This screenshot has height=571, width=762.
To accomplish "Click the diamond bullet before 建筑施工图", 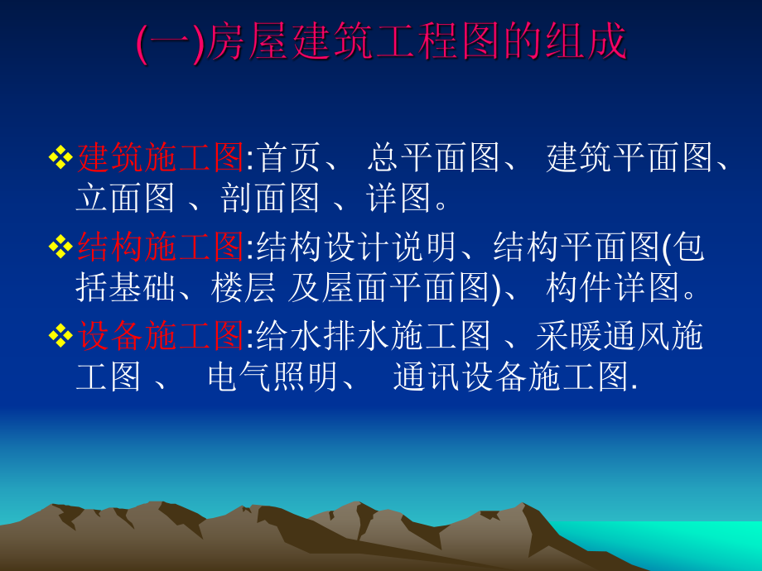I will pos(61,157).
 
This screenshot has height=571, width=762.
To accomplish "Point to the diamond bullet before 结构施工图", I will pos(61,247).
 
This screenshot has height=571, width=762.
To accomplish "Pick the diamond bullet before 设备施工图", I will pos(61,336).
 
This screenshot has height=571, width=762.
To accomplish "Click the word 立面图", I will pos(125,198).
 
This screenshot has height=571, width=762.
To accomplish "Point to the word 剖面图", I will pos(270,198).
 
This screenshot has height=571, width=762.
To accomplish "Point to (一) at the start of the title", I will pos(169,44).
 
